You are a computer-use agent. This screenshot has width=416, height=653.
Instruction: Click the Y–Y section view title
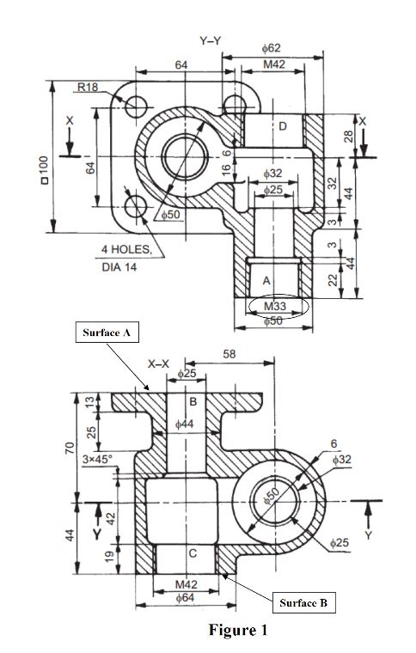click(x=209, y=40)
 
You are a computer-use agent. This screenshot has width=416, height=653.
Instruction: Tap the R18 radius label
click(x=88, y=87)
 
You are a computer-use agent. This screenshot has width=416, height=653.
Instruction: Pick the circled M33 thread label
click(x=275, y=306)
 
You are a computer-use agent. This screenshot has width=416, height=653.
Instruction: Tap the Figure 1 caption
click(x=238, y=631)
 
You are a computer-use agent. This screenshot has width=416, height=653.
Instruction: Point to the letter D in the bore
click(x=282, y=127)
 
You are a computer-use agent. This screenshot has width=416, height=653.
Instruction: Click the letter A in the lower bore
click(x=266, y=281)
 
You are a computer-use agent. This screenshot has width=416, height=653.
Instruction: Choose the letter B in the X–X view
click(x=193, y=400)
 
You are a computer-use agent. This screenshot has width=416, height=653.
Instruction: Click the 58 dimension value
click(x=229, y=353)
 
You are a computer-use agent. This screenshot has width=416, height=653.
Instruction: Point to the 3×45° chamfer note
click(x=98, y=461)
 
